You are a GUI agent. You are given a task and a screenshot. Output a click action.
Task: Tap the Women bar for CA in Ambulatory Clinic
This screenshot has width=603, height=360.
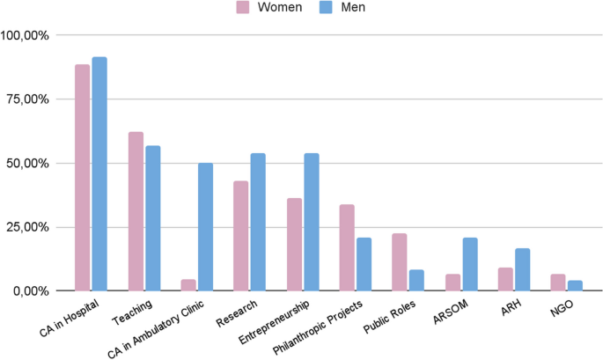188,285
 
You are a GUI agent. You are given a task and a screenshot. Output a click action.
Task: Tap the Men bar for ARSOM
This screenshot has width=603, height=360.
469,264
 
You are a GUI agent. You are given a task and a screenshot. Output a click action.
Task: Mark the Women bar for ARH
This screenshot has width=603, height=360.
504,279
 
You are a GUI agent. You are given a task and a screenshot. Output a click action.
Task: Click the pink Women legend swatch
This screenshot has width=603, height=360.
243,8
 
